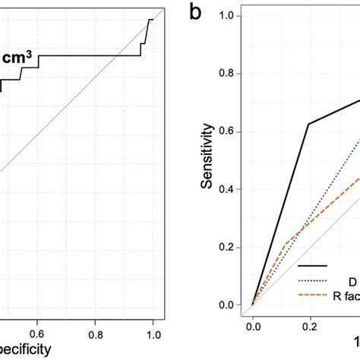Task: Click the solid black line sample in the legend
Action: tap(312, 265)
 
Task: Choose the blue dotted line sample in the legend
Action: tap(312, 279)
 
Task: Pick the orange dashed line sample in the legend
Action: tap(312, 294)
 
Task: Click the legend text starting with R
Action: tap(346, 294)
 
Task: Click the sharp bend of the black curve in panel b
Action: tap(308, 124)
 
